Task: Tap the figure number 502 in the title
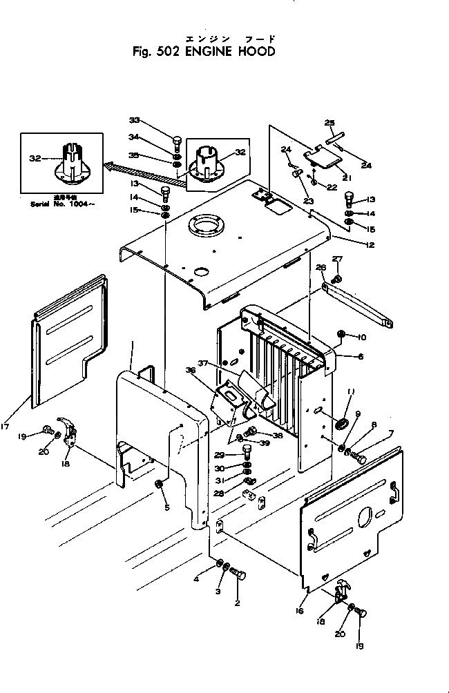[166, 51]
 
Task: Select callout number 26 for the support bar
[320, 267]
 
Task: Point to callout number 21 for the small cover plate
[347, 177]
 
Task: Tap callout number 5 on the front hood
[166, 507]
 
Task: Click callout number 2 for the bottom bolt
[237, 603]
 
